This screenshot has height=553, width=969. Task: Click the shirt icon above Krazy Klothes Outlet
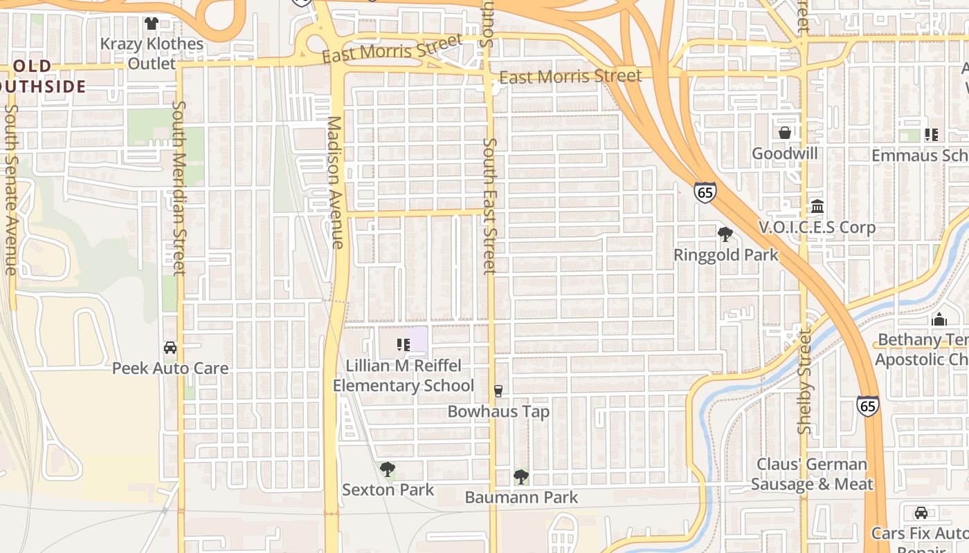(x=152, y=24)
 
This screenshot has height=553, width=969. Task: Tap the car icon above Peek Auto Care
(x=170, y=348)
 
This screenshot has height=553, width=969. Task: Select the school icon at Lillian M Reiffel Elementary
(x=403, y=344)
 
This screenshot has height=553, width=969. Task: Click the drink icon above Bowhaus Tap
(x=498, y=391)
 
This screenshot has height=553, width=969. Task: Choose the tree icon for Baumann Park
(x=521, y=476)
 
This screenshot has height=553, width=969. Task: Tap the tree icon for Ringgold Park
(x=725, y=234)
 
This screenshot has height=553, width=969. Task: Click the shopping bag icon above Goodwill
(x=785, y=133)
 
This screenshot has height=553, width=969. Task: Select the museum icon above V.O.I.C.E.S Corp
(x=817, y=207)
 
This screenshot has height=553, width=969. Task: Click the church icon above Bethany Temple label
(x=939, y=319)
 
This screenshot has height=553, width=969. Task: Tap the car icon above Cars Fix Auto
(x=921, y=513)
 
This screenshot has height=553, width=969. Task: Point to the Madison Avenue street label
(x=335, y=182)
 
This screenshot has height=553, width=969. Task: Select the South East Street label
(x=490, y=205)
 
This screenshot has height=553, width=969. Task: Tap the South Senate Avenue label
(x=10, y=190)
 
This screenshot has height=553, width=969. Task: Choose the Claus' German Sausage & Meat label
(x=811, y=474)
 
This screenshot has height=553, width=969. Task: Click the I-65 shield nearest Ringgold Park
(x=705, y=192)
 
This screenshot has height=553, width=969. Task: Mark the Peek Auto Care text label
(x=170, y=368)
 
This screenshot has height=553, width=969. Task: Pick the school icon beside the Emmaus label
(x=932, y=135)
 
